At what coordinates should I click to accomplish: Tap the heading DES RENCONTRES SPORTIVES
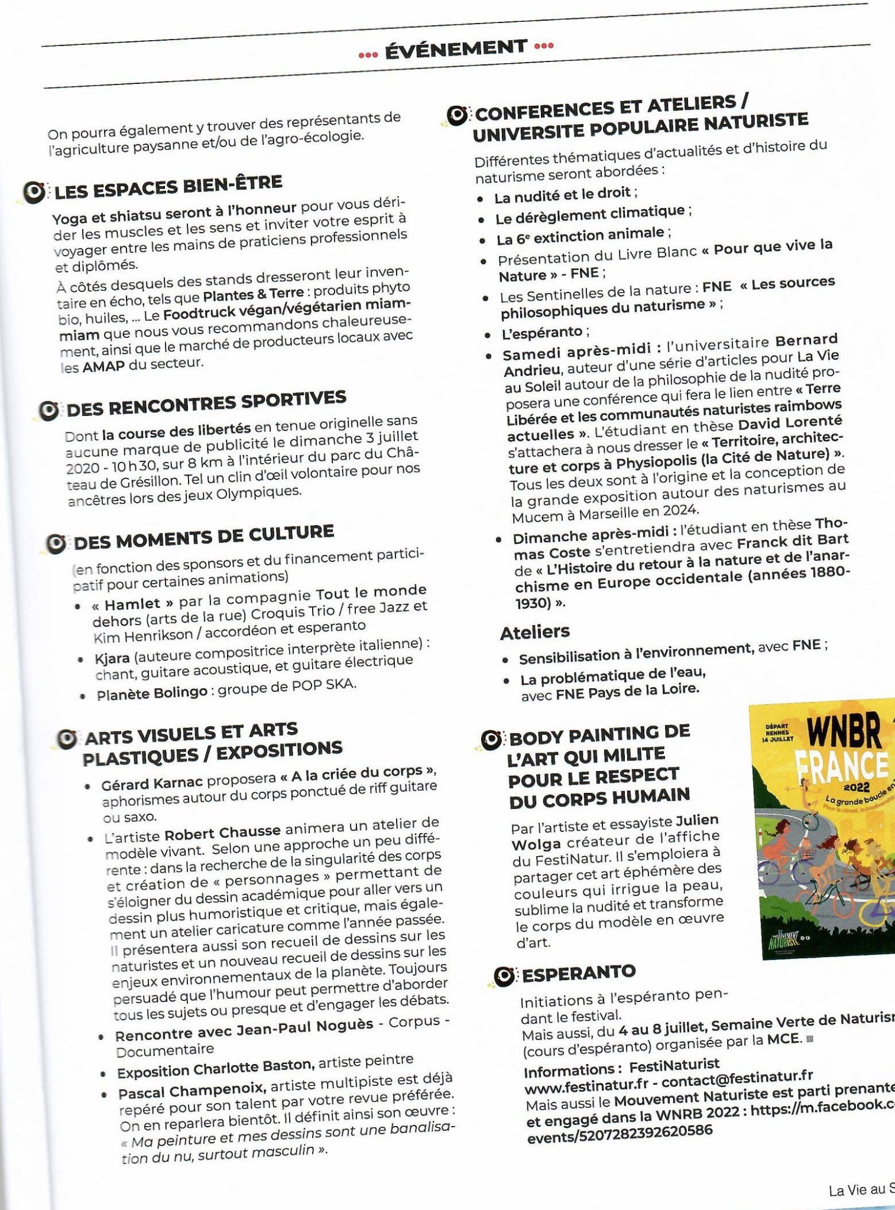pos(206,404)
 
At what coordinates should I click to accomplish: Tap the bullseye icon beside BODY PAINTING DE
pos(491,739)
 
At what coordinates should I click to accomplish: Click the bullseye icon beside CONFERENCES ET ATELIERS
pos(457,115)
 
